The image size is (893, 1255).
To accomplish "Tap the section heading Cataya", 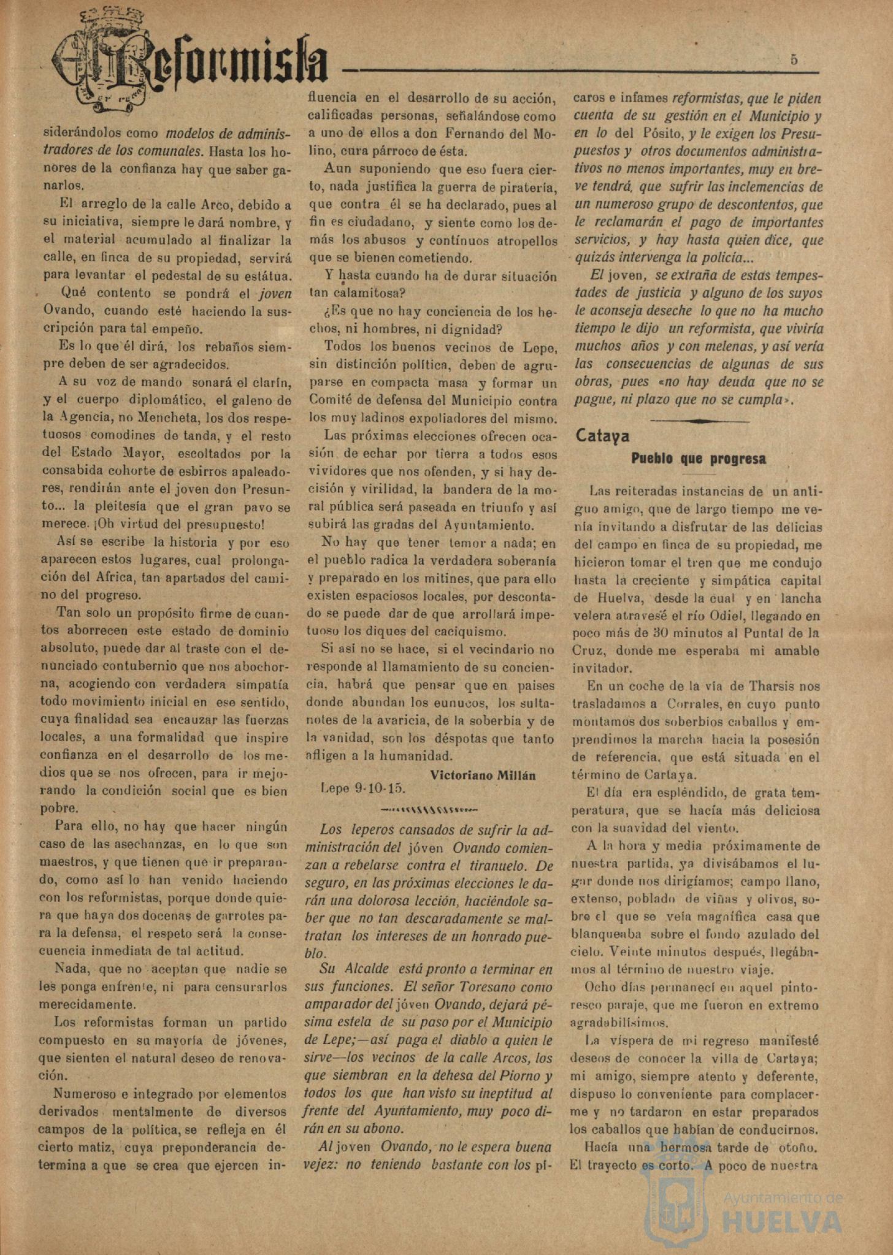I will (602, 436).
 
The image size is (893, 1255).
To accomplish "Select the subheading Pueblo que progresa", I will (699, 459).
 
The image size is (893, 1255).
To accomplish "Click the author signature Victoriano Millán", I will (483, 775).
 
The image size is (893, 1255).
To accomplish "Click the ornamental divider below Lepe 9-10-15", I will (429, 809).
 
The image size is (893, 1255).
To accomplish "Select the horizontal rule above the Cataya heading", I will (699, 421).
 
